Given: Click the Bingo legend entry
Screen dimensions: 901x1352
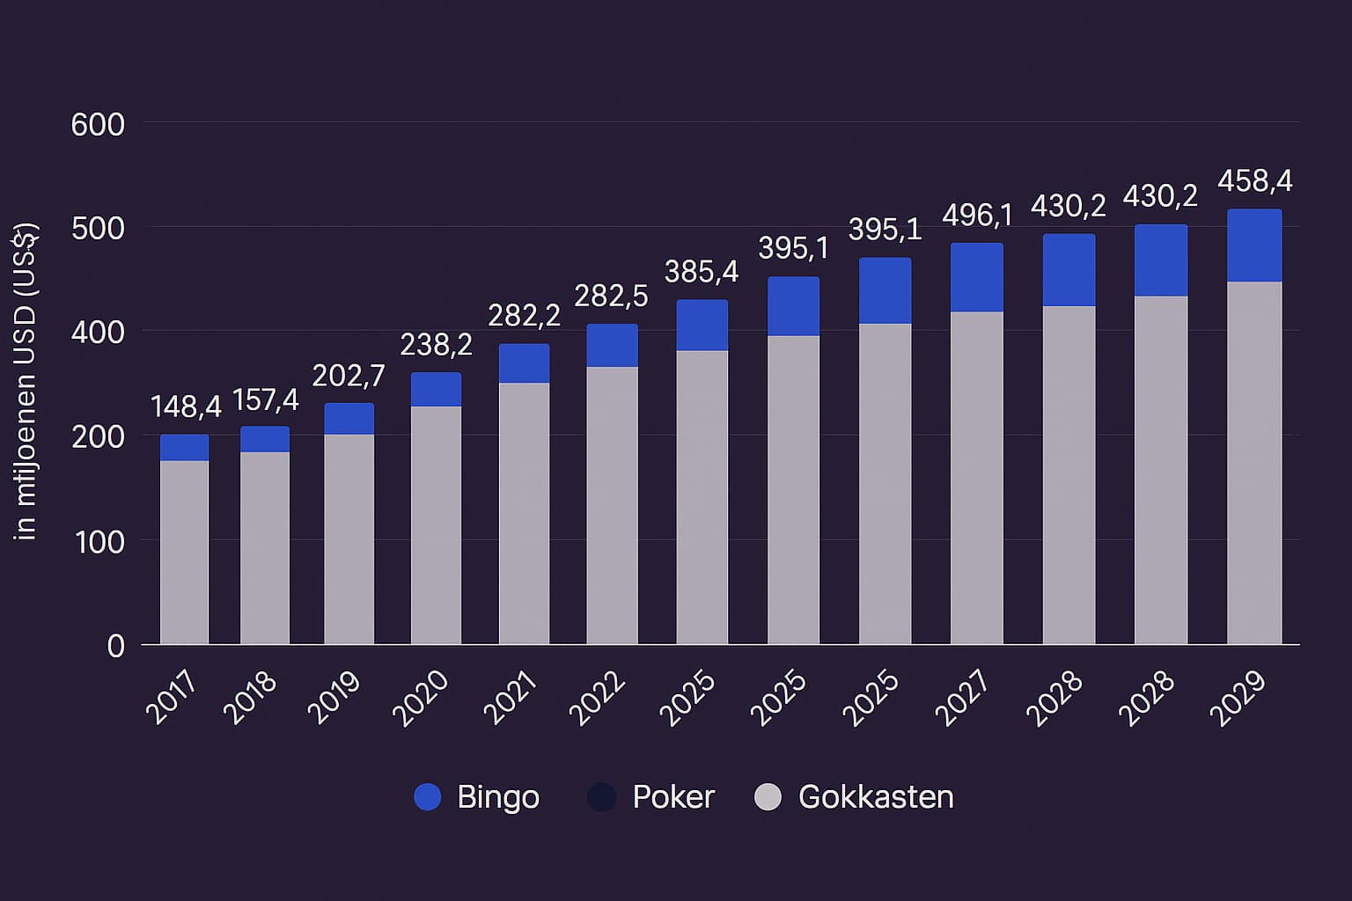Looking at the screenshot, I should point(477,797).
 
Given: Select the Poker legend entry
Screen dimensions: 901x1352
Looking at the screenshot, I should point(651,797).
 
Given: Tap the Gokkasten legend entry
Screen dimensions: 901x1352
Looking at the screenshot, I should point(855,797).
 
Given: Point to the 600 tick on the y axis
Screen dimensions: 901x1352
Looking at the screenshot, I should point(98,124).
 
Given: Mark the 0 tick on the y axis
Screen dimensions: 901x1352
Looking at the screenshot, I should point(115,647).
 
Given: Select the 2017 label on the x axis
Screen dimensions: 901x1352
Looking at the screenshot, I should point(172,698).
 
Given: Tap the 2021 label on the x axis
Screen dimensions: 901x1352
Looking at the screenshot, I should point(511,698).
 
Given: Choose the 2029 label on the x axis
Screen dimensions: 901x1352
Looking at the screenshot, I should point(1238,698).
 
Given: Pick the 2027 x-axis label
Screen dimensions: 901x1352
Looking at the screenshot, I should point(962,698).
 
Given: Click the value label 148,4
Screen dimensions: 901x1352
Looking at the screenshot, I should point(186,407).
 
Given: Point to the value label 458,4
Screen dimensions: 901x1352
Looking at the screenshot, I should point(1254,181).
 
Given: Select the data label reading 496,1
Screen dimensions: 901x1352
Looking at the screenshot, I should point(977,215).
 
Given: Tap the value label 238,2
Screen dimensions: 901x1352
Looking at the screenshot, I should point(436,345).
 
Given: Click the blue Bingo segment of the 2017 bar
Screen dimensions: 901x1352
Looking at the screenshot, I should point(185,448).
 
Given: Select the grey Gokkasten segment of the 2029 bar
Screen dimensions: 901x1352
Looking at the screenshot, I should point(1254,463).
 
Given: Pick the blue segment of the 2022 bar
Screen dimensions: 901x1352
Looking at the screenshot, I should point(613,346).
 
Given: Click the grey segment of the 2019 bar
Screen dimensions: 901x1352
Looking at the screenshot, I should point(349,538).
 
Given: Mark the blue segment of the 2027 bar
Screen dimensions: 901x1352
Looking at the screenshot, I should point(977,278).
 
